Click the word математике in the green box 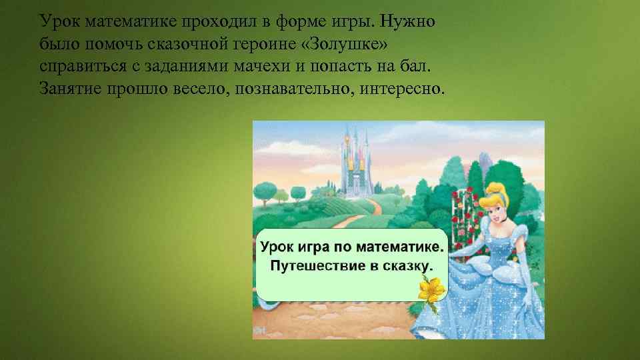393,247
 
